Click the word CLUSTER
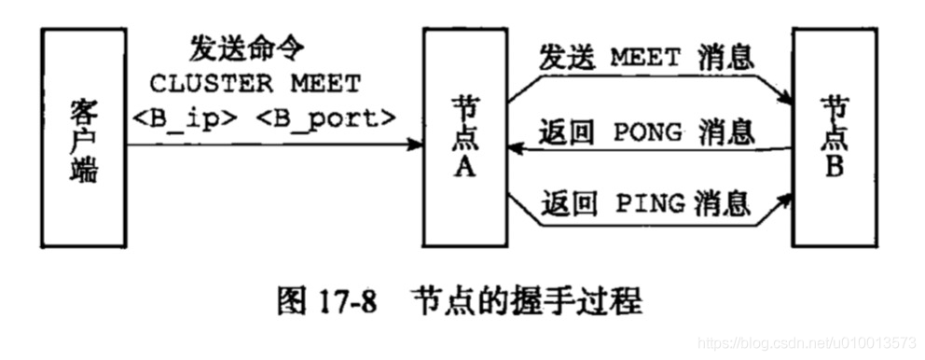click(211, 84)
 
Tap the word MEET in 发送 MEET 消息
click(646, 57)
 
